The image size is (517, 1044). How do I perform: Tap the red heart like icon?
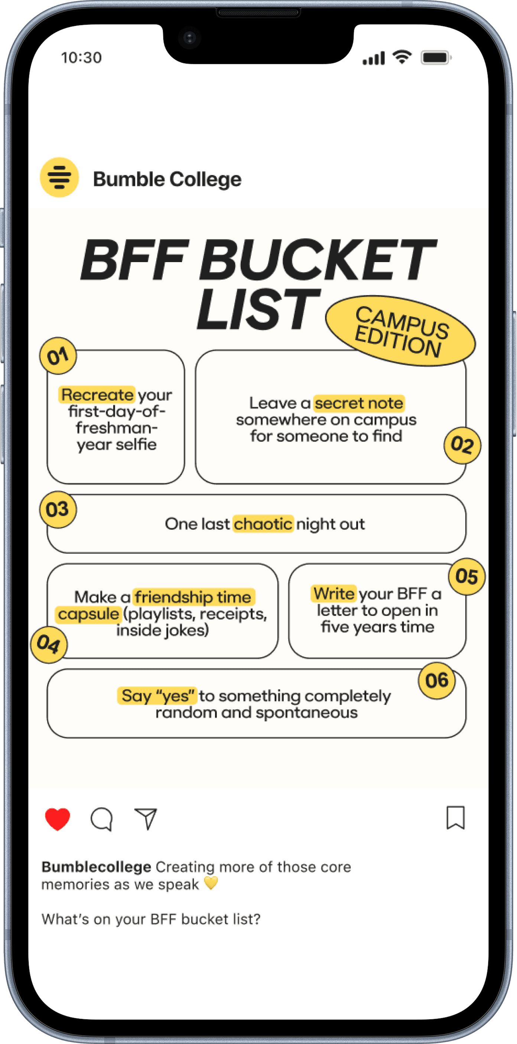57,818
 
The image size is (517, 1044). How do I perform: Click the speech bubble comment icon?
101,819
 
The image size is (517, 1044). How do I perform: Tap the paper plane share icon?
146,818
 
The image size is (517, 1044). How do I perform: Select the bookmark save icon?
455,818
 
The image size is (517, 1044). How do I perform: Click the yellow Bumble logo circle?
59,177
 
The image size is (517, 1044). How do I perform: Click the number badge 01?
58,356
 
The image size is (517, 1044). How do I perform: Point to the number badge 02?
462,445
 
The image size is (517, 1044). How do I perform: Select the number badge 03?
58,509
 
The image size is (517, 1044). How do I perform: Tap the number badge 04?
49,645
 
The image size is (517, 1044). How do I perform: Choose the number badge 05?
467,577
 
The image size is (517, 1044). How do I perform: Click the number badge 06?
437,681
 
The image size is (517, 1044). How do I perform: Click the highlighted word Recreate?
97,394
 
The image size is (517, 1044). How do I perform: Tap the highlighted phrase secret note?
359,403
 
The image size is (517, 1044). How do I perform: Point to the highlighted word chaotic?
263,524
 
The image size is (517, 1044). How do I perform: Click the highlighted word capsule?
88,614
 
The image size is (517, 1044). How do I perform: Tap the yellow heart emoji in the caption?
211,883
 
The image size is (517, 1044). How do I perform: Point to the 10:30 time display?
81,58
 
